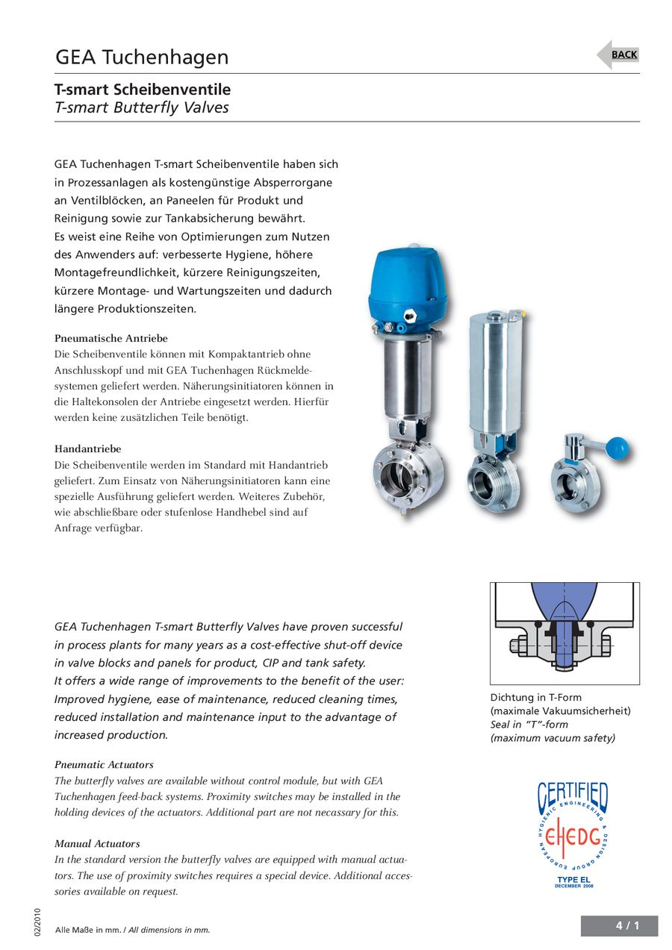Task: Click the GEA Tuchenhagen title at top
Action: click(142, 57)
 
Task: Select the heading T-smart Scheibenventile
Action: click(143, 90)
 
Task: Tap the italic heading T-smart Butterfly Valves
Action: click(142, 107)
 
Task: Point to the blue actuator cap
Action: click(407, 284)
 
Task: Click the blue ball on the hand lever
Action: click(618, 448)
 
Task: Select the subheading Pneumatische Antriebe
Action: click(111, 338)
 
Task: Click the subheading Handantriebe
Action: click(87, 449)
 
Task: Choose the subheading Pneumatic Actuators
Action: click(104, 764)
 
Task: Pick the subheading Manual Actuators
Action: click(97, 843)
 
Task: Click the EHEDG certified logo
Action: click(573, 828)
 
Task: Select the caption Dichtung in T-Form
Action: click(535, 697)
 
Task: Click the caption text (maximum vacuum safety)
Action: click(553, 737)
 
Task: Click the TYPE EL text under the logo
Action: click(573, 880)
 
